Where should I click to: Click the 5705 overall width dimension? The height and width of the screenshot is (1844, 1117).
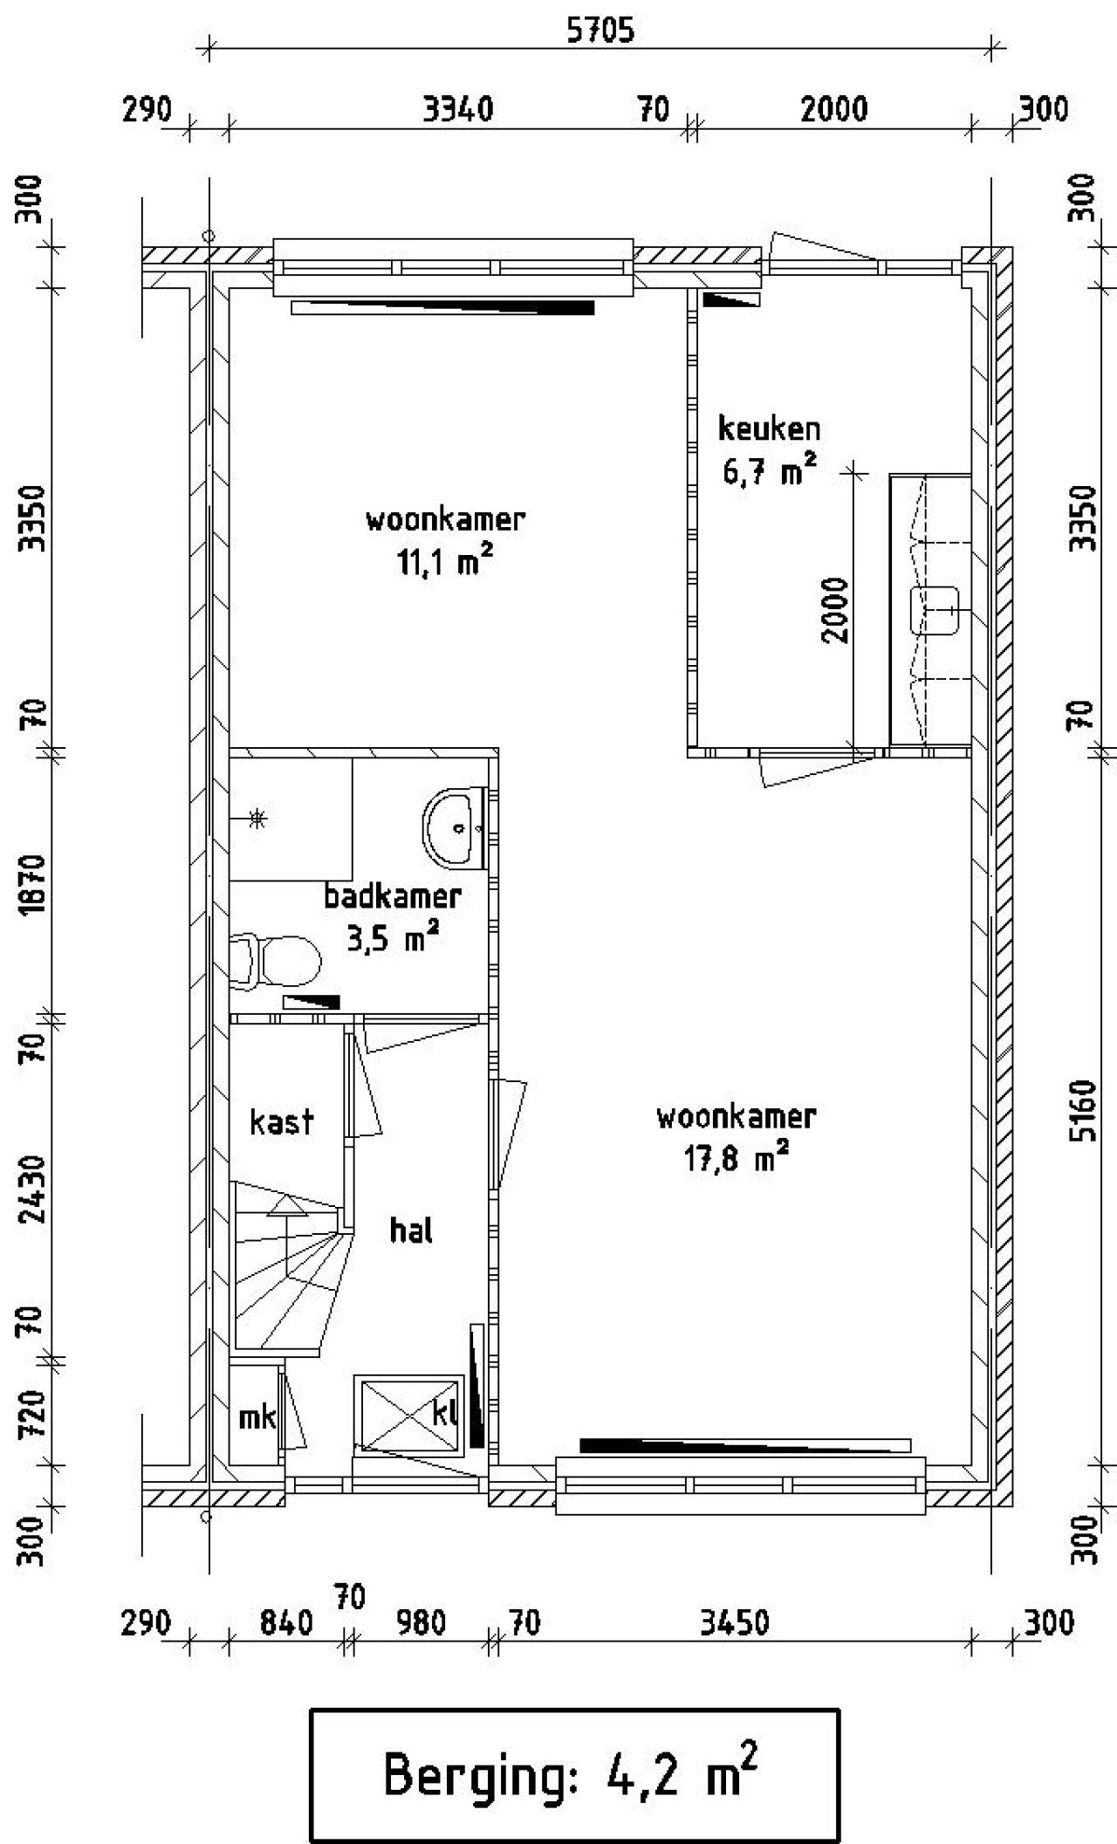click(600, 31)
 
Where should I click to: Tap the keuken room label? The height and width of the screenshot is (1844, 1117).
click(769, 428)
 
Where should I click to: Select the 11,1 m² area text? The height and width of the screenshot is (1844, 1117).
click(445, 563)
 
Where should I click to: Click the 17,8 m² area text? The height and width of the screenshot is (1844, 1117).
click(736, 1160)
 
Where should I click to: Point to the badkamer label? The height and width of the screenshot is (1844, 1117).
click(393, 896)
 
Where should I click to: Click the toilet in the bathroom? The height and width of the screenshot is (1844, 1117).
click(278, 961)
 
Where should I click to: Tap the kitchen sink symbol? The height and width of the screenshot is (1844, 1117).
click(934, 610)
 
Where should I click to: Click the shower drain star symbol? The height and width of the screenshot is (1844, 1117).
click(257, 819)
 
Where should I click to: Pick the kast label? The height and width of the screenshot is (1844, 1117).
click(281, 1122)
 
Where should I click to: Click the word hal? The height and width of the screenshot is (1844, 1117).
click(411, 1230)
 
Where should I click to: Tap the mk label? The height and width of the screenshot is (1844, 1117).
click(257, 1417)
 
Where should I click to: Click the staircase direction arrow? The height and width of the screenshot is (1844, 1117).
click(285, 1207)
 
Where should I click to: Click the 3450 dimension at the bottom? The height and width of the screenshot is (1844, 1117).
click(735, 1622)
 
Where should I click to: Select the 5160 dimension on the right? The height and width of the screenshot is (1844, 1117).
click(1083, 1111)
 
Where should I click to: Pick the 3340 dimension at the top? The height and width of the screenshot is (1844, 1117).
click(458, 110)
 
